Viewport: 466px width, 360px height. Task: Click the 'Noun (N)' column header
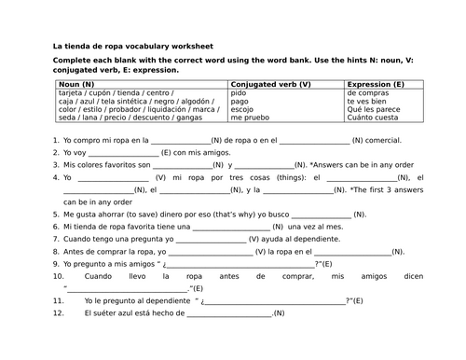75,85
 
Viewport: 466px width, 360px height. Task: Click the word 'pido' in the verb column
239,93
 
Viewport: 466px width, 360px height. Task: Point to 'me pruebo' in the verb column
248,118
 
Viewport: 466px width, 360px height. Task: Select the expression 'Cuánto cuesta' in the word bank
370,118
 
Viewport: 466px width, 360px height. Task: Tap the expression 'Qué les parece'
371,110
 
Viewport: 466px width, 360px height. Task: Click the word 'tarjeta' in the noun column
71,93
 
